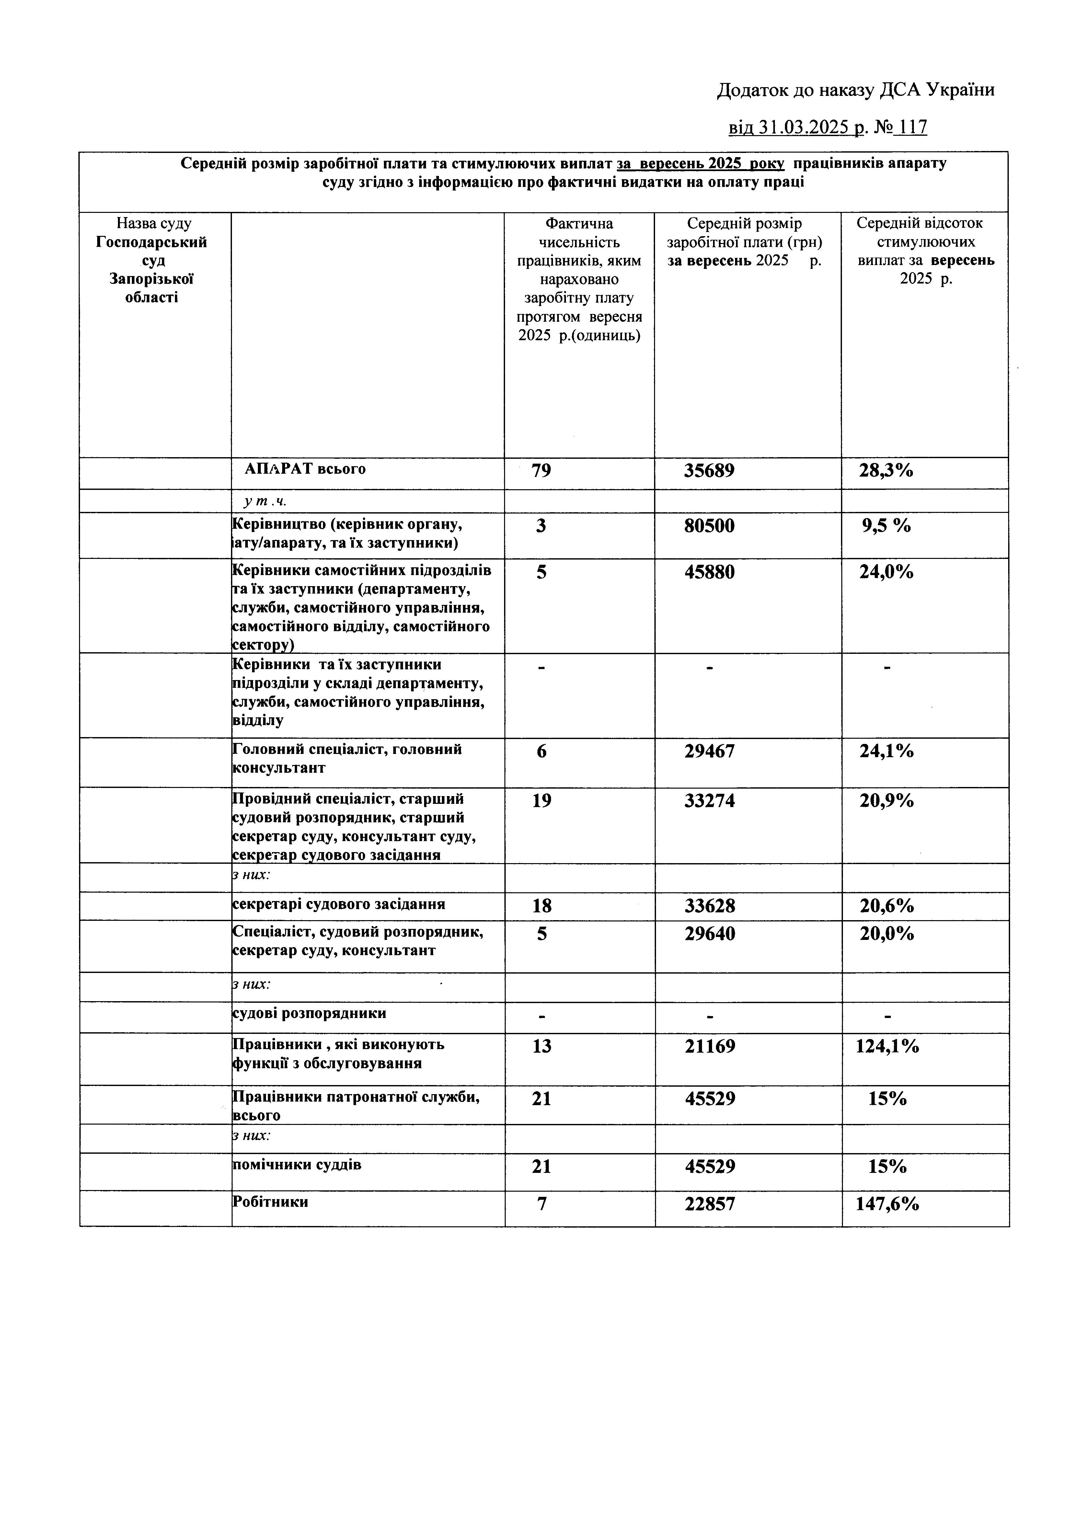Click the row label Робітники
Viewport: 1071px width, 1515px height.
pyautogui.click(x=271, y=1202)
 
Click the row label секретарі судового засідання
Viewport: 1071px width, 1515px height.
pyautogui.click(x=339, y=904)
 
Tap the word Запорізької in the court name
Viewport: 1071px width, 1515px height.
pyautogui.click(x=151, y=279)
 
